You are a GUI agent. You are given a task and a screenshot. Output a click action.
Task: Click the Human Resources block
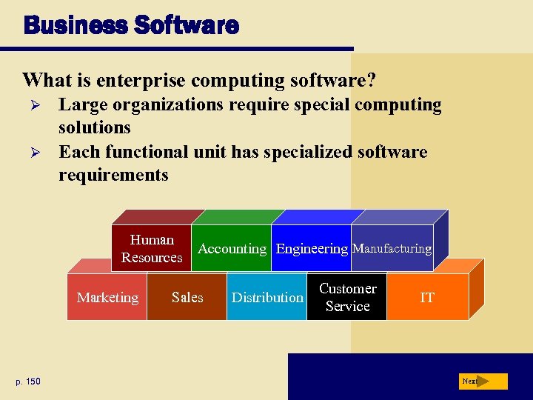(152, 248)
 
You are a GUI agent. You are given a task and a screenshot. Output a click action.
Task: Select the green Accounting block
(232, 249)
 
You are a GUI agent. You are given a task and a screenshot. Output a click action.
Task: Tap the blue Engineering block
(312, 249)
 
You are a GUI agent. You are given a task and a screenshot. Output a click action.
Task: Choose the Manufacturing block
(392, 249)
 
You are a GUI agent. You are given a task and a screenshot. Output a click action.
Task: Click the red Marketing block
(107, 298)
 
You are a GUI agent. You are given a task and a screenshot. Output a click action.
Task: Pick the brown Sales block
(187, 298)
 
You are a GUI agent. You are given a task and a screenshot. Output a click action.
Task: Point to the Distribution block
(266, 298)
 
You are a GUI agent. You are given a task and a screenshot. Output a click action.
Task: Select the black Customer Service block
(347, 298)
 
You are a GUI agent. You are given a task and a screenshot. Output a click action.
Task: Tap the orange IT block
(427, 298)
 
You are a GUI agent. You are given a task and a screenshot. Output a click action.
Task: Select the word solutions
(95, 127)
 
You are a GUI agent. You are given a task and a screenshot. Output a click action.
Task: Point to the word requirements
(113, 176)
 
